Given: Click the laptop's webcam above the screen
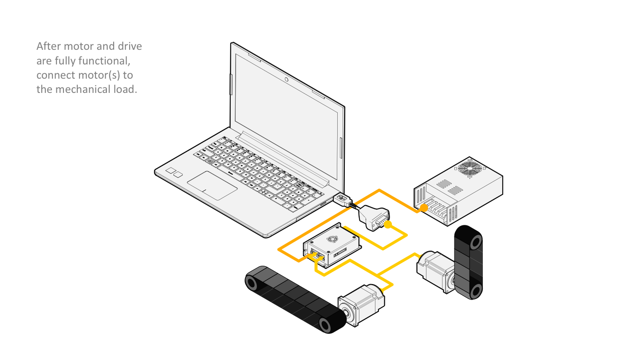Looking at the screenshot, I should click(x=287, y=80).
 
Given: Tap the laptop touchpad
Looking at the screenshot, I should click(x=212, y=185).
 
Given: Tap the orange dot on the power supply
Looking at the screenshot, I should click(x=424, y=208).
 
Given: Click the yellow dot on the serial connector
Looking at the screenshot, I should click(x=388, y=225).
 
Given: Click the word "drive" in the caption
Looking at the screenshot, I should click(x=129, y=46).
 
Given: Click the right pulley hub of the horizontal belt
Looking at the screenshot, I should click(x=326, y=326).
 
